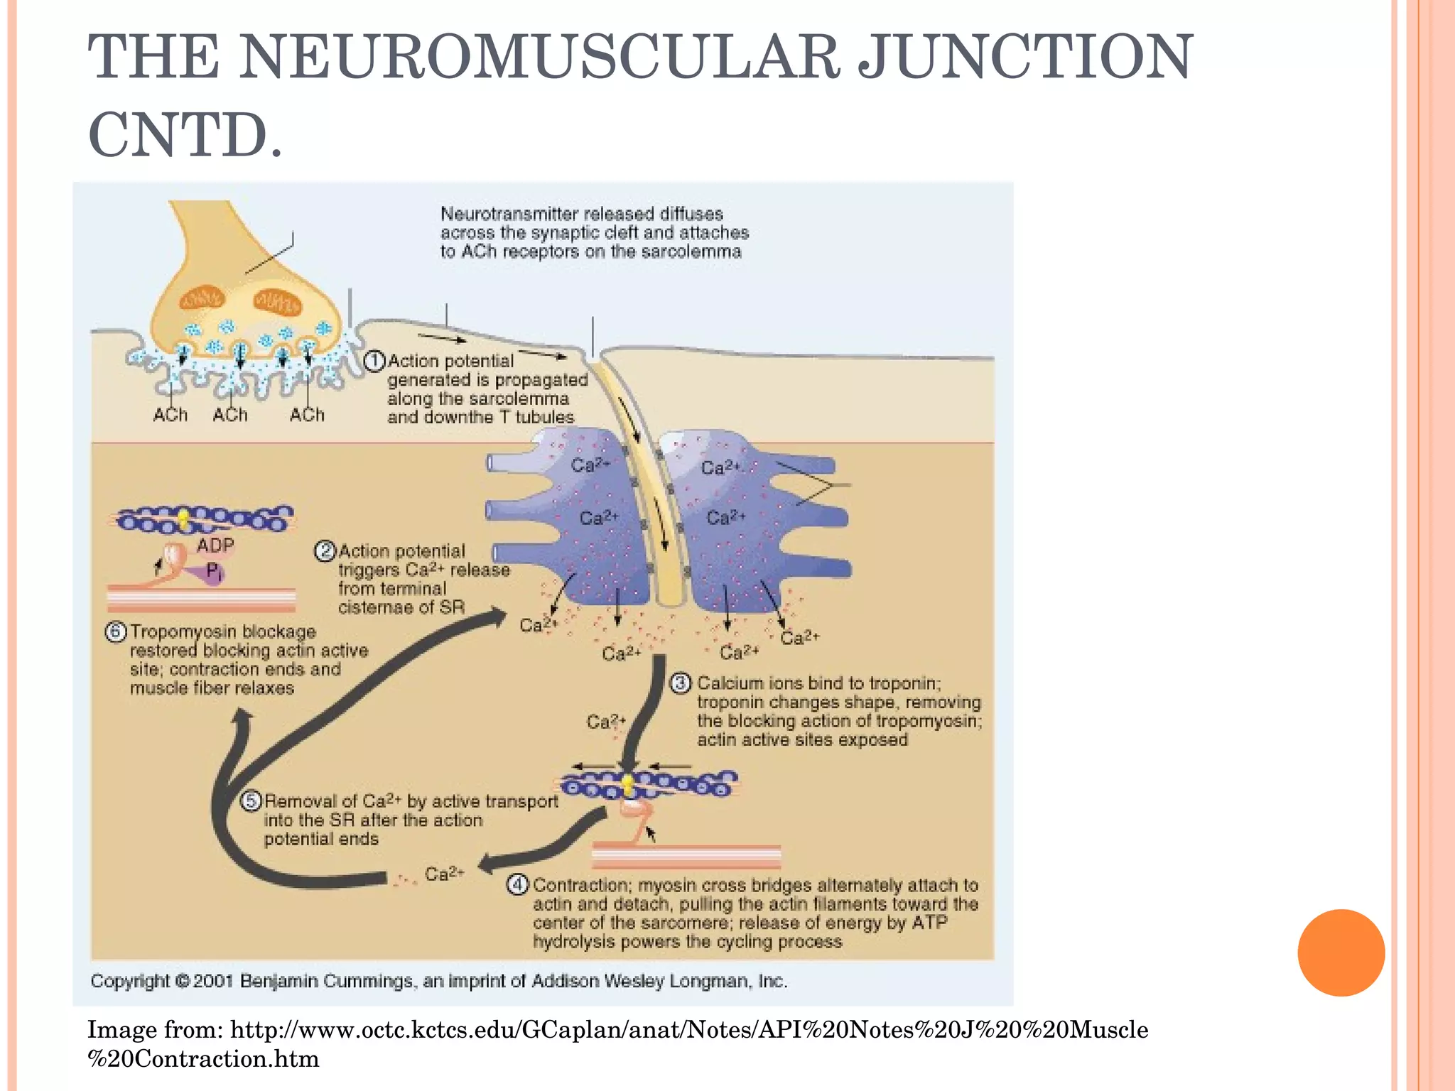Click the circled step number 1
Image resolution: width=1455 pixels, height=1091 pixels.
pyautogui.click(x=374, y=362)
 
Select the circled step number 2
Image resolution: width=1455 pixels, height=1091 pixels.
pyautogui.click(x=325, y=551)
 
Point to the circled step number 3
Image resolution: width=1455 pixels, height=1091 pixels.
pyautogui.click(x=681, y=683)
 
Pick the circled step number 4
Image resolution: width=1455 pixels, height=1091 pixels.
pyautogui.click(x=517, y=885)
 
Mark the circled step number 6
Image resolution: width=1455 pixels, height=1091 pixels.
pyautogui.click(x=116, y=631)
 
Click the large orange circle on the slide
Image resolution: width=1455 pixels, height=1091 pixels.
pyautogui.click(x=1341, y=952)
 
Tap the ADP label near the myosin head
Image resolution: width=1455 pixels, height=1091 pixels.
pyautogui.click(x=215, y=545)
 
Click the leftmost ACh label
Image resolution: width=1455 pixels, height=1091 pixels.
pyautogui.click(x=171, y=415)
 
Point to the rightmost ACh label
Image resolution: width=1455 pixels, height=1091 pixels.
pyautogui.click(x=307, y=415)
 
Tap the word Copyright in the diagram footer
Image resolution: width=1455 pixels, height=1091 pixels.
pyautogui.click(x=130, y=981)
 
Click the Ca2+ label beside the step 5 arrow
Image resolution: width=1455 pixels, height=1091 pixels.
pyautogui.click(x=444, y=874)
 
